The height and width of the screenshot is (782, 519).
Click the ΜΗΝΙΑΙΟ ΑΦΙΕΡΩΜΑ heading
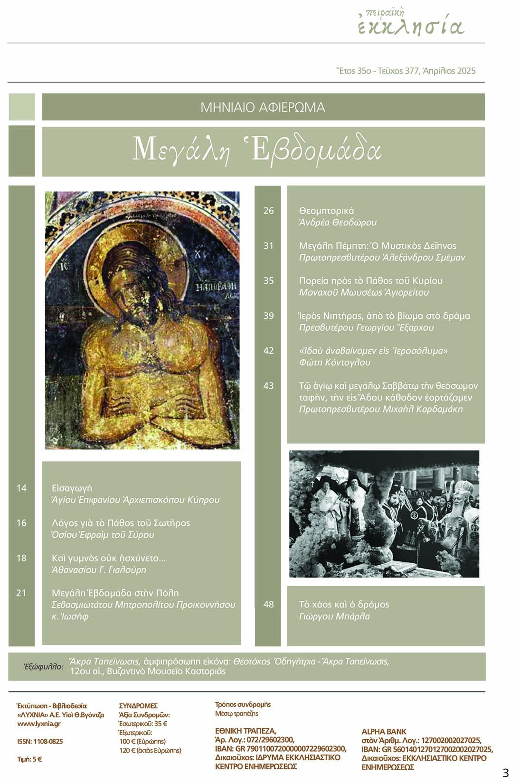263,107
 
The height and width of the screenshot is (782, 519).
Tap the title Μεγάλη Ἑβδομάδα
257,150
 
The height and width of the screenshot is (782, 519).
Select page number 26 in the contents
269,211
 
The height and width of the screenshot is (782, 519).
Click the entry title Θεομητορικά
326,211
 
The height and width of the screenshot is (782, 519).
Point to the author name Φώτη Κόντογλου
334,363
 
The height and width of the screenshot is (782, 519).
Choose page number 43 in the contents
269,386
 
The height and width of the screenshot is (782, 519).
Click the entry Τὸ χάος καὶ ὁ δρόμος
344,605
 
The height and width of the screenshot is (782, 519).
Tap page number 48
269,605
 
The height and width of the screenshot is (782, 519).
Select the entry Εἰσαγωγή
72,488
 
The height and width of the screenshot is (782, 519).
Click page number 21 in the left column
21,593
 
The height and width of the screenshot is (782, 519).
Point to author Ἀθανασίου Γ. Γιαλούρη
99,570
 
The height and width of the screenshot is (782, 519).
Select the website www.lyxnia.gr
38,724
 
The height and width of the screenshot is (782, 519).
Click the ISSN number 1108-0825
40,742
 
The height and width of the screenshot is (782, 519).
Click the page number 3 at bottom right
505,773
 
